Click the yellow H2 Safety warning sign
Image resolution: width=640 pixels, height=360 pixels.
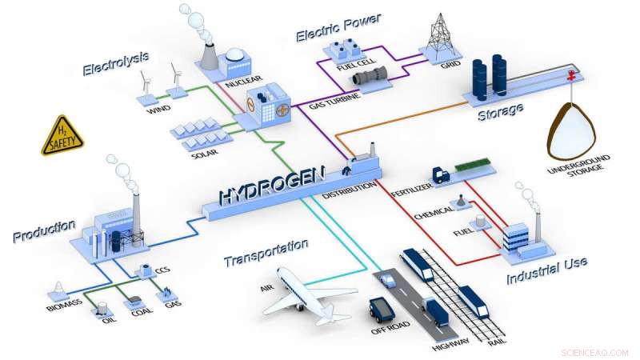[62, 136]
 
